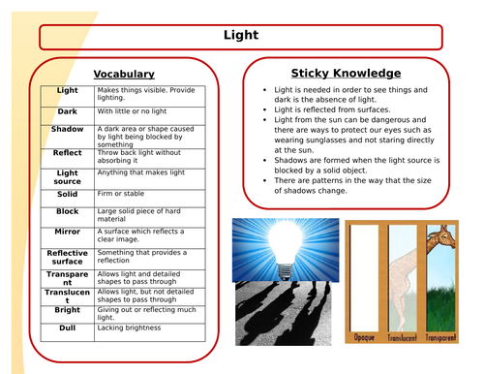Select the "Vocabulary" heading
click(124, 74)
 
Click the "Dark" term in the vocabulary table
click(68, 111)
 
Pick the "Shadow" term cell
click(68, 129)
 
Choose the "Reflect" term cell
click(68, 152)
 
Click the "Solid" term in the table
click(68, 195)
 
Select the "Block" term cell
click(68, 211)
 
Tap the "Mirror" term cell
click(68, 233)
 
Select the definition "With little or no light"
click(136, 110)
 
